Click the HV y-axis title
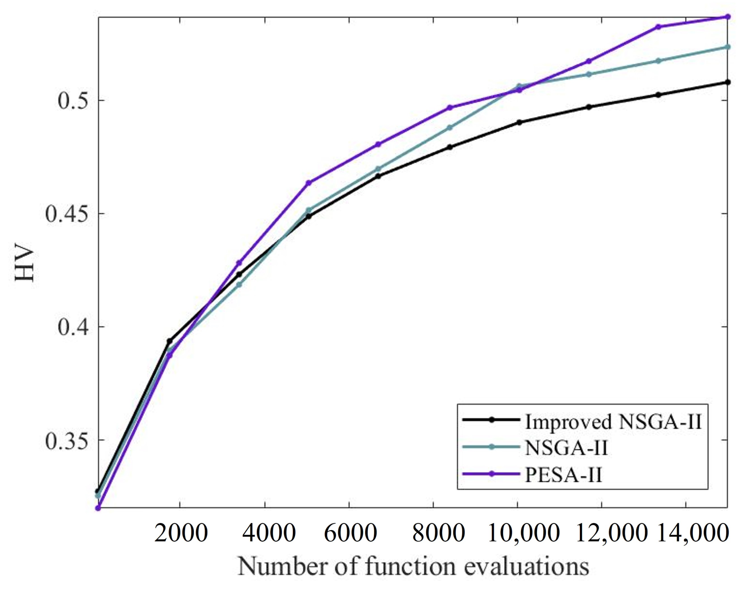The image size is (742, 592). click(x=24, y=264)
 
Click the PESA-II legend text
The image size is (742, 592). click(x=563, y=475)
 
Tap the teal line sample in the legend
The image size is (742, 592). click(x=492, y=447)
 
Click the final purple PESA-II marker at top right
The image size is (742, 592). click(x=728, y=17)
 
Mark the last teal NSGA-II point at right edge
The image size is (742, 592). click(x=728, y=47)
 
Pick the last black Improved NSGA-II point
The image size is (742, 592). click(x=728, y=82)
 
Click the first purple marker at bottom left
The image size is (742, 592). click(x=98, y=508)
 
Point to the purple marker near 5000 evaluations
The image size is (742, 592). click(x=309, y=183)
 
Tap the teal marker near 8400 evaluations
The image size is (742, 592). click(x=450, y=128)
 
